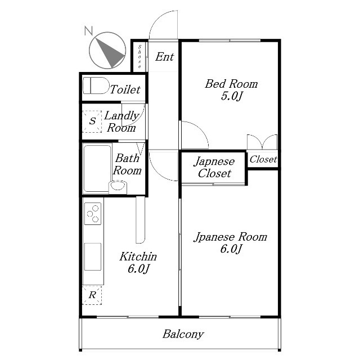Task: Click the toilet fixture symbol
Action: (96, 85)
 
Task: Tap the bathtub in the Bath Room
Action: (97, 168)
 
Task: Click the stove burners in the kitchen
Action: (93, 214)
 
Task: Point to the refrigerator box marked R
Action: (92, 295)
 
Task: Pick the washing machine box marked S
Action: (92, 121)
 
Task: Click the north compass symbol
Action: (107, 50)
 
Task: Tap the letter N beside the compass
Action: (88, 31)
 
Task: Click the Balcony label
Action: (183, 334)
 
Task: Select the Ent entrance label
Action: (165, 57)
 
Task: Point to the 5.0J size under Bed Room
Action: (231, 96)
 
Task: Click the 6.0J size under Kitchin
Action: (138, 269)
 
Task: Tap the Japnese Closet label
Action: (214, 167)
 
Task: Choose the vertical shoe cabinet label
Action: (139, 56)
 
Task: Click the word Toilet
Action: (125, 89)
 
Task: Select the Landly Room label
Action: (121, 121)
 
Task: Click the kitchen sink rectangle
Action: (93, 256)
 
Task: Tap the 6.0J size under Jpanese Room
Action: (231, 249)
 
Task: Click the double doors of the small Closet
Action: (262, 142)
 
